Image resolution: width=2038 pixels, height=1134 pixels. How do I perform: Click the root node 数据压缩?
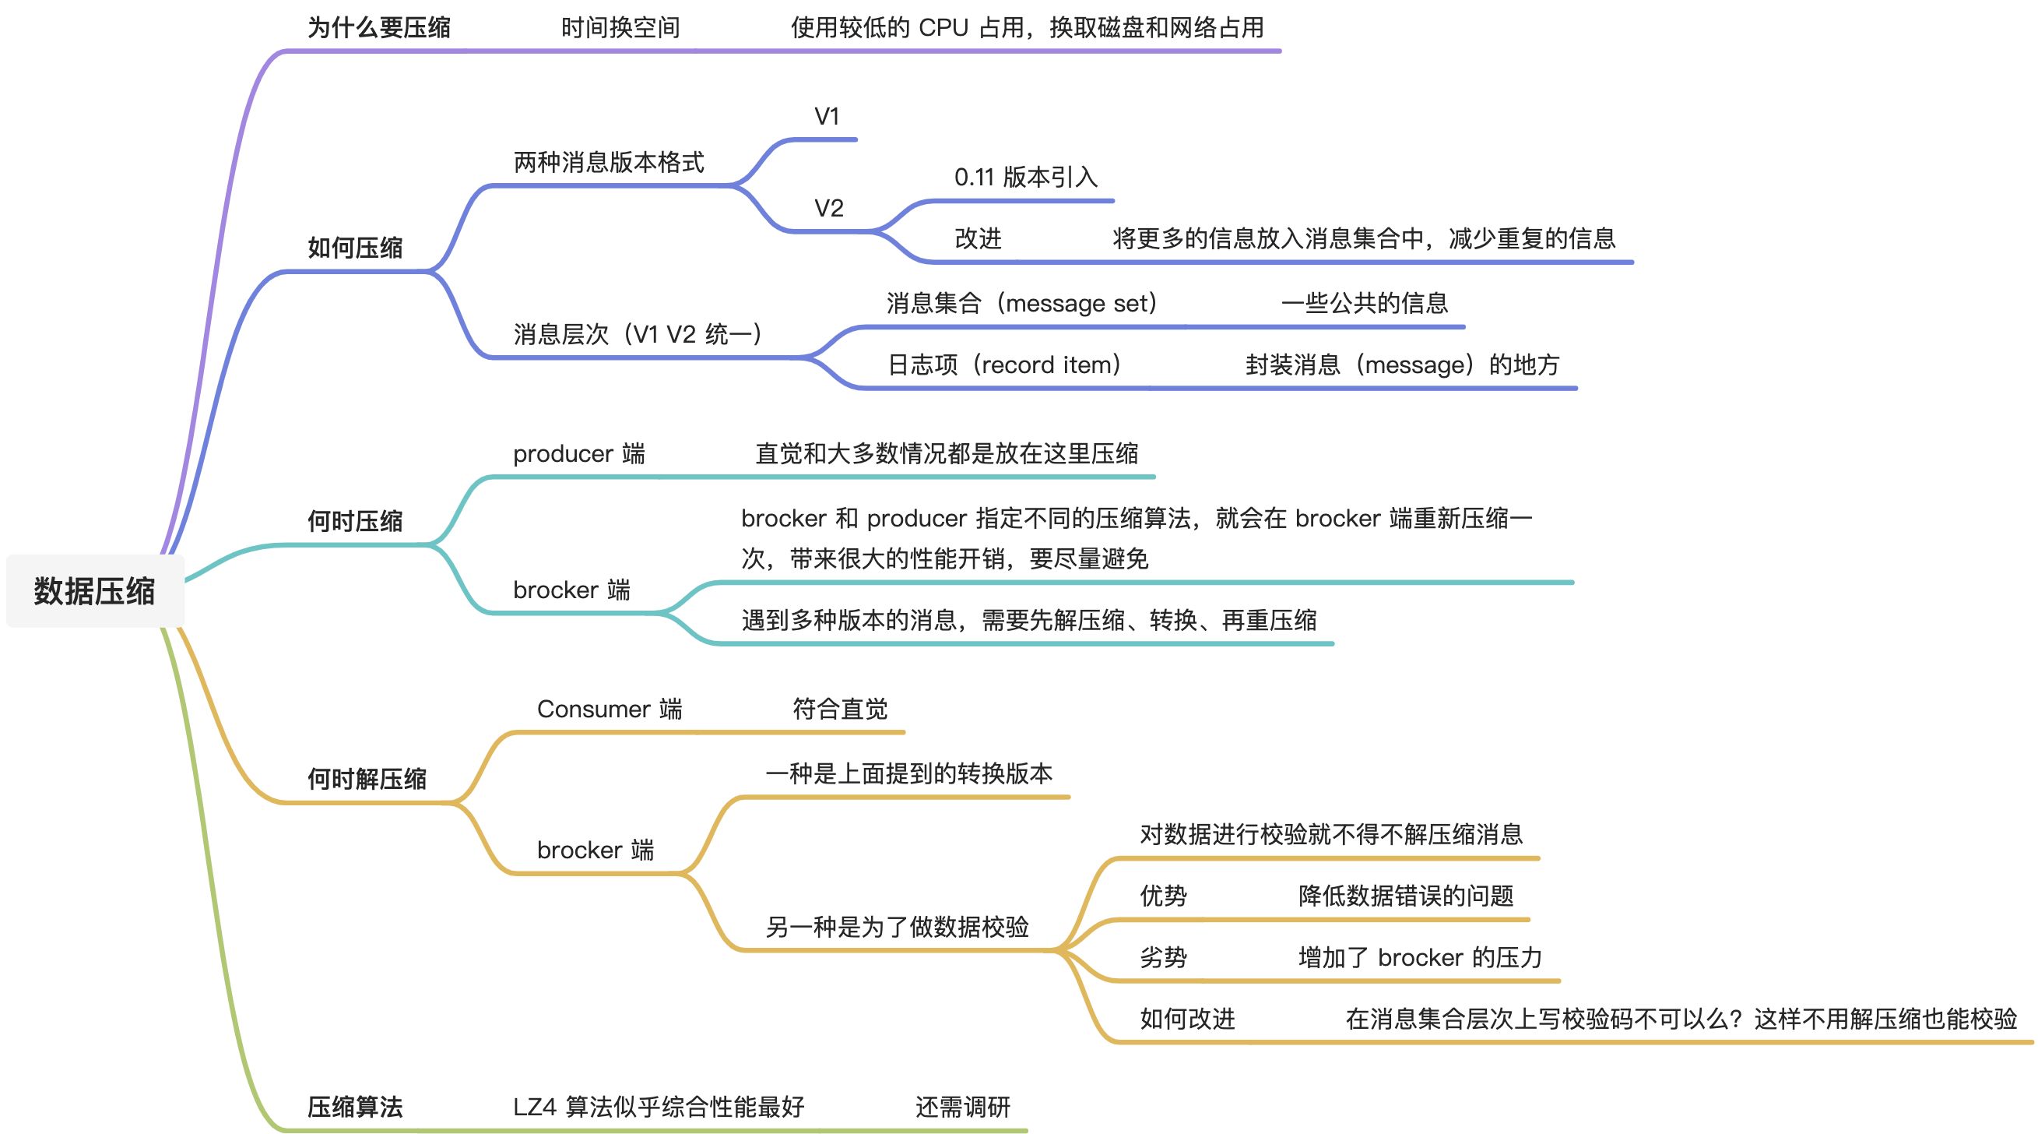95,591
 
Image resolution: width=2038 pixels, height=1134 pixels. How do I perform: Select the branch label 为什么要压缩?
378,29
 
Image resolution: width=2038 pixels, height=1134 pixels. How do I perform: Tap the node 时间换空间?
620,29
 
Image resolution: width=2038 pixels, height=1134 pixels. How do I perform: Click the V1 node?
827,117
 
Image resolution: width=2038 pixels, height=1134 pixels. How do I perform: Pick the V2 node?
829,209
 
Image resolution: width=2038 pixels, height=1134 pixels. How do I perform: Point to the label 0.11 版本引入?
1025,178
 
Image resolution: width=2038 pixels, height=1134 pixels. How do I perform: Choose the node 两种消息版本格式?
609,163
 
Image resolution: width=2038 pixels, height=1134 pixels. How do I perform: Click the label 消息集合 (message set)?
1021,303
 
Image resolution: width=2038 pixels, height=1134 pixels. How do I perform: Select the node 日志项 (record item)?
1004,364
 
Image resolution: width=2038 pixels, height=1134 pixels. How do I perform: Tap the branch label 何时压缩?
354,522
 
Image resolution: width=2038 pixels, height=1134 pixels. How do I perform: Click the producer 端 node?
578,454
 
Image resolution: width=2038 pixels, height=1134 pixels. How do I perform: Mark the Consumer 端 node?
610,709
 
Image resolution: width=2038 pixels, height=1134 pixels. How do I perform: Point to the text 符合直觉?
840,709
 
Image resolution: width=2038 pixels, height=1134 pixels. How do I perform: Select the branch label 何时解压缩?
367,780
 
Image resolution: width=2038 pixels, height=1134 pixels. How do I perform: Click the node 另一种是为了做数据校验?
897,927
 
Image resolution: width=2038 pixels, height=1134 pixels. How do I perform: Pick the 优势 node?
1163,896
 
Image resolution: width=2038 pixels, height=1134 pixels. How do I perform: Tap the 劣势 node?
1163,957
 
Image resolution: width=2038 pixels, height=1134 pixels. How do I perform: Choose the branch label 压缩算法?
354,1107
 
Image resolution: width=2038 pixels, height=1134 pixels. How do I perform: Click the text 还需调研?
963,1107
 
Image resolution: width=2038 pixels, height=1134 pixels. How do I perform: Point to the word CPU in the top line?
943,29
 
